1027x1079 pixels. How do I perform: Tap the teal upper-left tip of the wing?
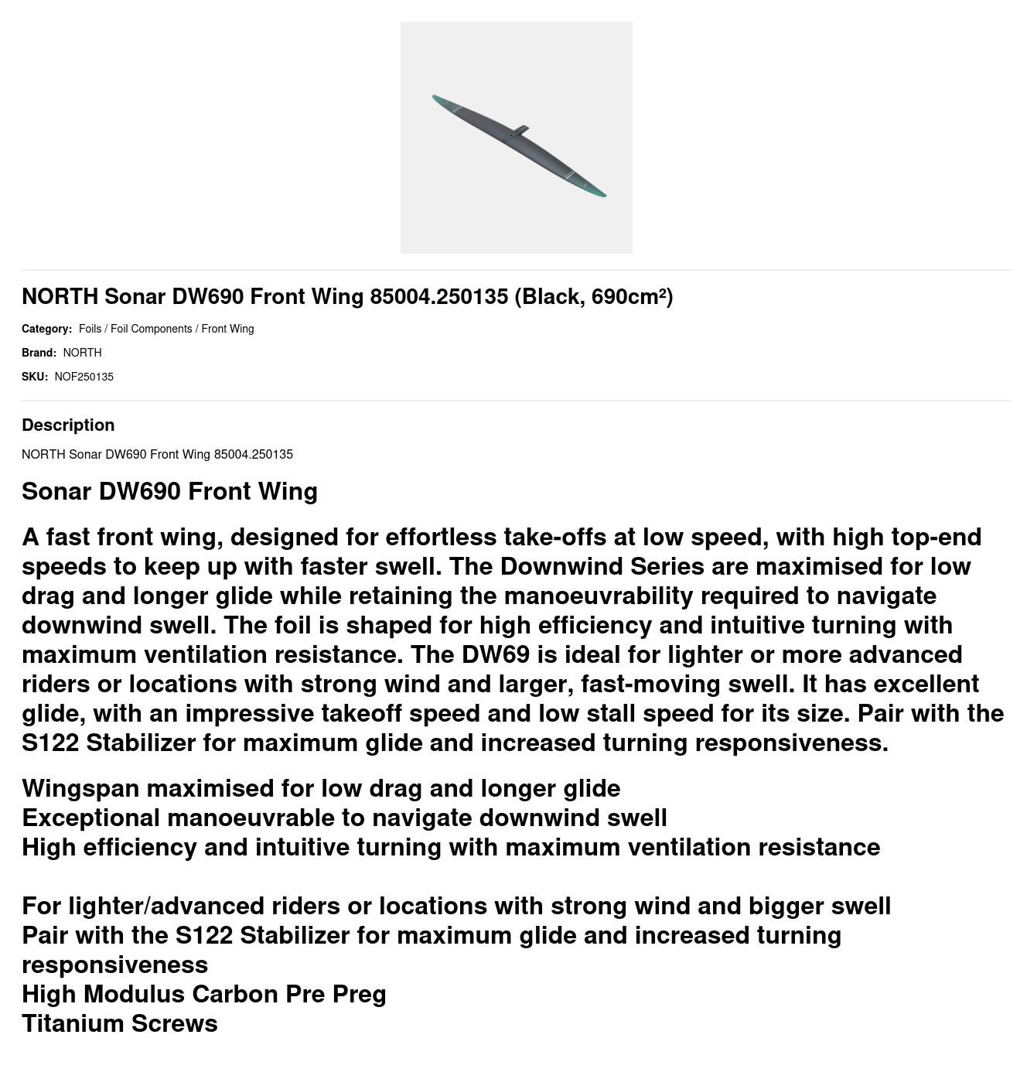(x=438, y=99)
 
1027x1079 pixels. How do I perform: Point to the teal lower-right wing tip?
(x=597, y=190)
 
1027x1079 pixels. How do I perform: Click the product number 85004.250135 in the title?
(x=438, y=297)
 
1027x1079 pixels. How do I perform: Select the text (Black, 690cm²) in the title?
(x=593, y=297)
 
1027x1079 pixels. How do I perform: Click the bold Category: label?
(x=46, y=329)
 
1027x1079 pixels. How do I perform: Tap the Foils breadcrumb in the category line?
(x=90, y=329)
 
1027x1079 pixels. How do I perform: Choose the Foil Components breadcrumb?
(x=151, y=329)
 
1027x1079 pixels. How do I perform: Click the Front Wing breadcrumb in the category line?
(x=227, y=329)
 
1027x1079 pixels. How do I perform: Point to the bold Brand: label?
(x=39, y=353)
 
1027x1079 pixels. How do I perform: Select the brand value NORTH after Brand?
(x=82, y=353)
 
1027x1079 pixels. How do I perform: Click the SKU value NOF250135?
(x=84, y=377)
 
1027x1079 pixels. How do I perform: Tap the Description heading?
(x=68, y=425)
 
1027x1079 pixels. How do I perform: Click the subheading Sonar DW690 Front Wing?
(x=169, y=491)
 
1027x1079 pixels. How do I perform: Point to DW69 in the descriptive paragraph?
(x=495, y=654)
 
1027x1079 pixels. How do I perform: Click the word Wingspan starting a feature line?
(x=80, y=788)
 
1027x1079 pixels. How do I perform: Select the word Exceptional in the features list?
(x=90, y=818)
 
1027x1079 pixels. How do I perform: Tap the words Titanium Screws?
(x=120, y=1023)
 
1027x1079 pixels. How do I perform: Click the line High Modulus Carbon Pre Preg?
(x=203, y=994)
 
